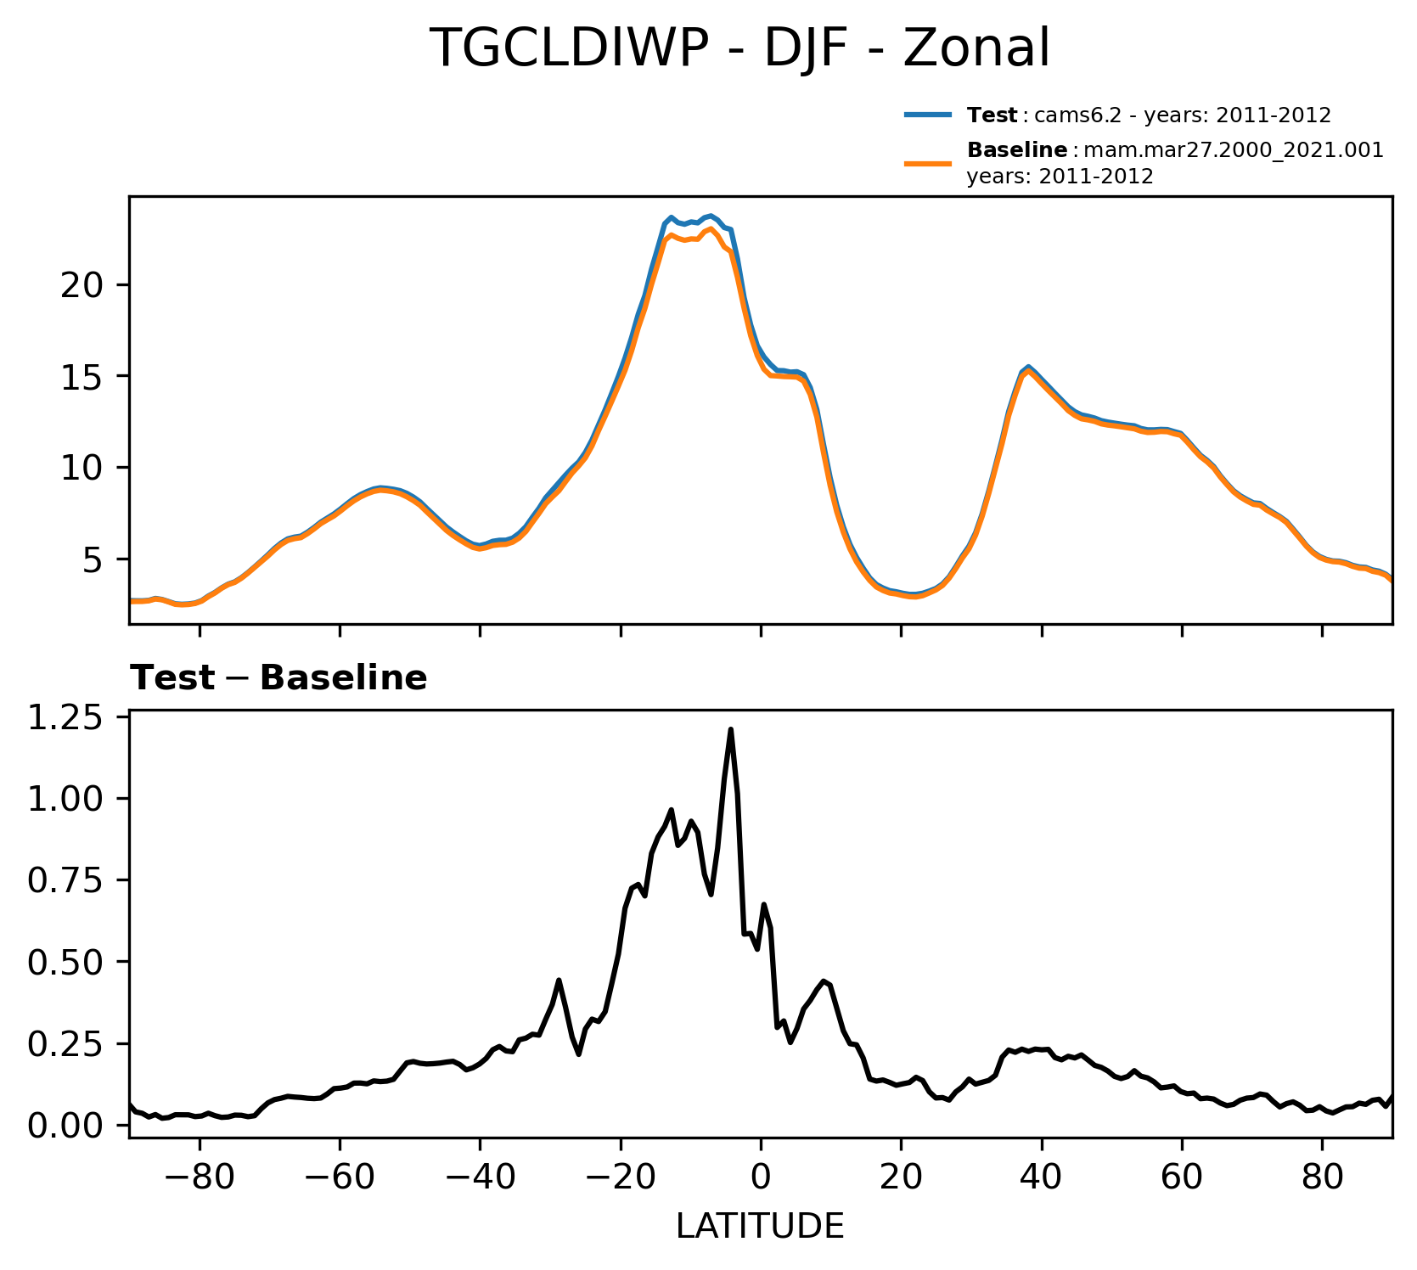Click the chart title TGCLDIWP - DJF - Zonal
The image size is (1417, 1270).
click(x=739, y=48)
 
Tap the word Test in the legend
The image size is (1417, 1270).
click(x=992, y=115)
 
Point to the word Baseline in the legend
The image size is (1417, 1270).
click(x=1017, y=151)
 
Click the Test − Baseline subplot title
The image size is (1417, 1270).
click(x=278, y=678)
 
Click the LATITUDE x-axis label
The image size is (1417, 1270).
click(x=760, y=1226)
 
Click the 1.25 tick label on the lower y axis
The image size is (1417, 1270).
click(x=65, y=719)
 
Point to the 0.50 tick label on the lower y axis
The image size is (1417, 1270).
click(x=65, y=962)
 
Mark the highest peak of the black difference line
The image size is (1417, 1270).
click(x=730, y=729)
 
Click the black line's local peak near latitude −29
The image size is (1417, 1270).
click(x=559, y=980)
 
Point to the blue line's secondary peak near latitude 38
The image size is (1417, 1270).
click(x=1028, y=366)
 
